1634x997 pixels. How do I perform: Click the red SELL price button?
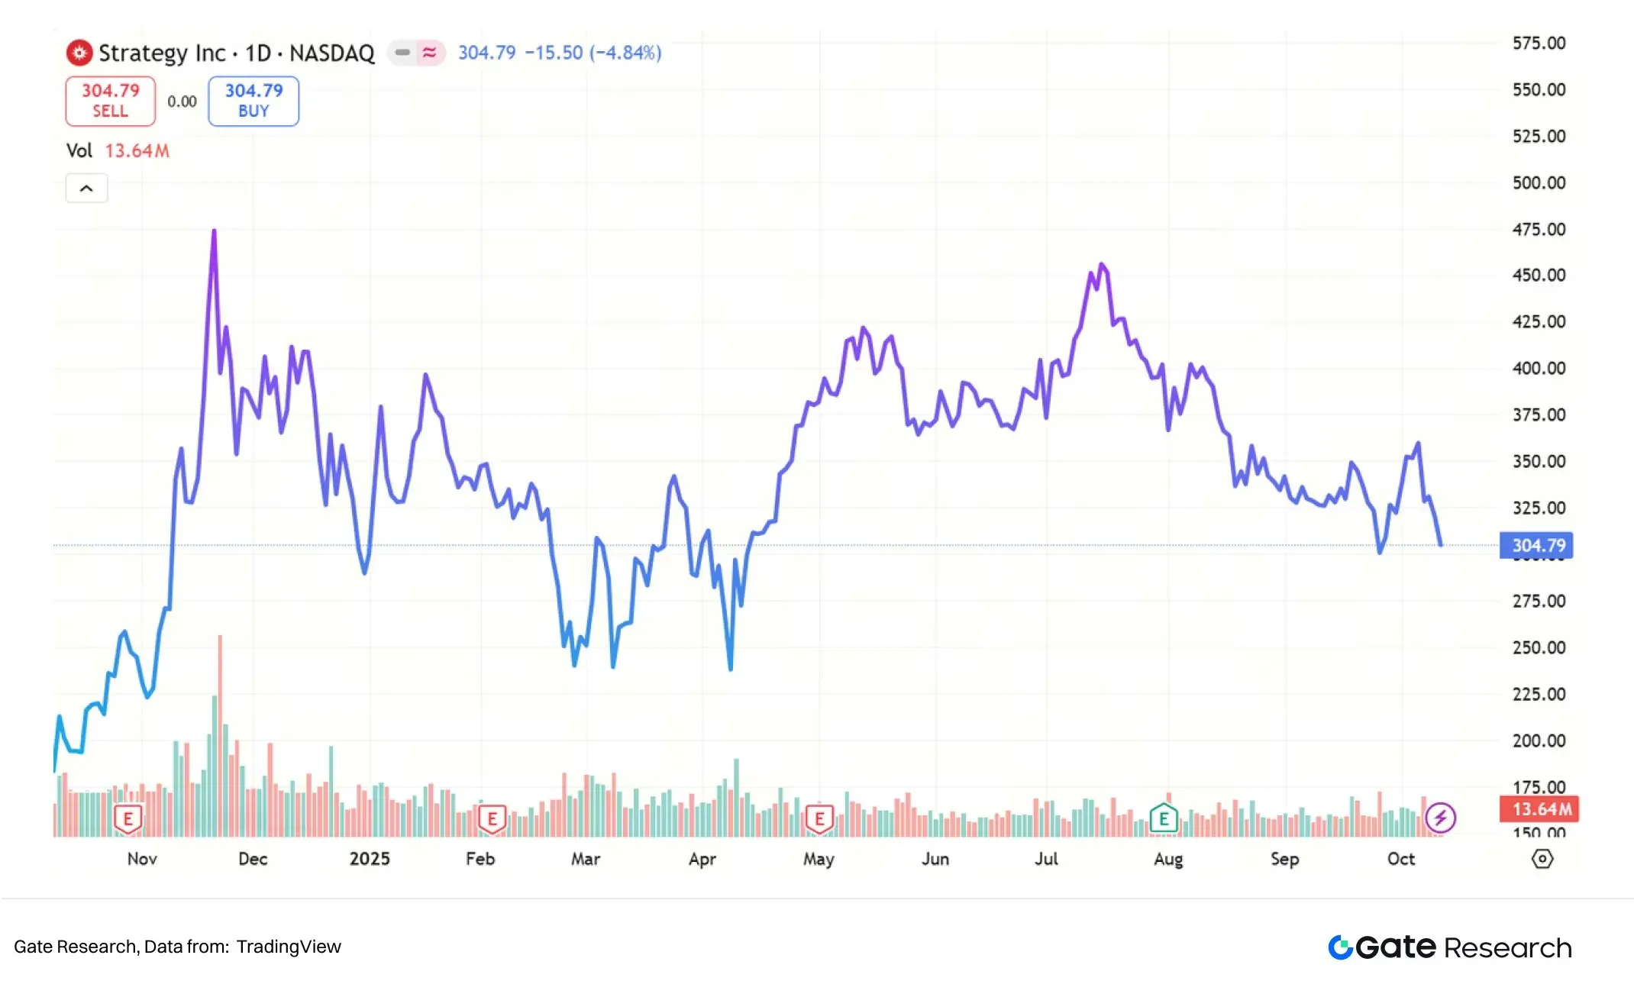click(110, 101)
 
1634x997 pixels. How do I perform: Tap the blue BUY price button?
click(253, 101)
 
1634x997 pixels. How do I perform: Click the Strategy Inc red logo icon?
click(79, 53)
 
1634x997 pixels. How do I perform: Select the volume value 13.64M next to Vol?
click(137, 150)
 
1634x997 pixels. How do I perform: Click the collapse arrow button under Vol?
click(86, 189)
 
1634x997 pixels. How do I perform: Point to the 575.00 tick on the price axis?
click(1539, 44)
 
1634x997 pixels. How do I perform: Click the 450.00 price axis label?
click(1539, 276)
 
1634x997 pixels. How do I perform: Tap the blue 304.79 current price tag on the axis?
click(1537, 545)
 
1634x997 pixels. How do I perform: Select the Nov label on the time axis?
click(142, 859)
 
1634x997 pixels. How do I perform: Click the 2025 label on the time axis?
click(370, 859)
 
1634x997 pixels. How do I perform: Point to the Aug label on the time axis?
click(1167, 859)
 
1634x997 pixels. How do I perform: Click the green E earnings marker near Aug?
click(1164, 819)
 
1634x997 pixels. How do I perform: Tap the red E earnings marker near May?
click(819, 819)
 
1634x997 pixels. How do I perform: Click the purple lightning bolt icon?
click(1440, 818)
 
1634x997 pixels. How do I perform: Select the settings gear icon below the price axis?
click(1542, 859)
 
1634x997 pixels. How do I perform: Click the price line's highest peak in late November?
click(214, 231)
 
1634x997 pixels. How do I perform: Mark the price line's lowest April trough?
click(731, 668)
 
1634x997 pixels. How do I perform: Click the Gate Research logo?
click(1449, 947)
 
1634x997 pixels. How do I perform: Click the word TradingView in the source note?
click(289, 947)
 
